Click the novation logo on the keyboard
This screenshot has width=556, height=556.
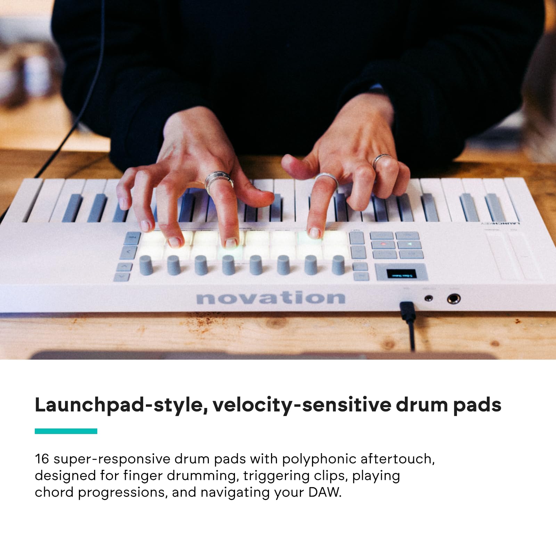270,298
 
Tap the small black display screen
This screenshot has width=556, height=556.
401,274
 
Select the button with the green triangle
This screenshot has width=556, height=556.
409,245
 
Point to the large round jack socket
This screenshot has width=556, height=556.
453,299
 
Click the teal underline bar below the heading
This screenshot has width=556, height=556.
66,431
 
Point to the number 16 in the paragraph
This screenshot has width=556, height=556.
42,459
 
